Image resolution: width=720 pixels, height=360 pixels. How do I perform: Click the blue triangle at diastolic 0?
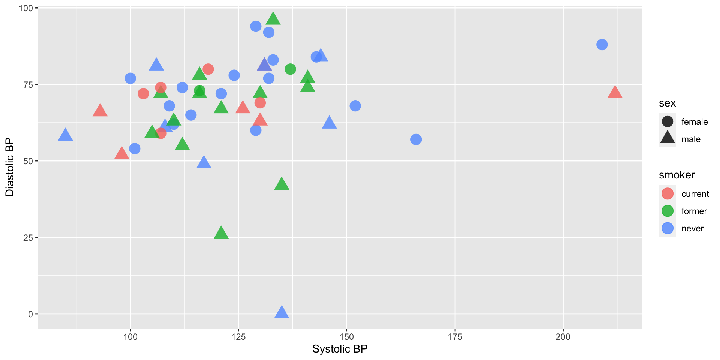click(x=282, y=312)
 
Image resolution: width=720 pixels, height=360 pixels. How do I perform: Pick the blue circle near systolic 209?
click(x=601, y=45)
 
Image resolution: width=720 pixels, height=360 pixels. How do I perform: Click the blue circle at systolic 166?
click(x=415, y=139)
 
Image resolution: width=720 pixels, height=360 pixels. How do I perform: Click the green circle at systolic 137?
click(x=290, y=69)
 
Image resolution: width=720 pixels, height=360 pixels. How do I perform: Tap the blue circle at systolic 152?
click(x=355, y=106)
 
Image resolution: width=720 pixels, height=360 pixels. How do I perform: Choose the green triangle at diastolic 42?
click(x=282, y=184)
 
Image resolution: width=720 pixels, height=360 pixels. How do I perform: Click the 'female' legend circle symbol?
click(x=667, y=122)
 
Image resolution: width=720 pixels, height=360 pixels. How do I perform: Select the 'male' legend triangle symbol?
click(x=667, y=138)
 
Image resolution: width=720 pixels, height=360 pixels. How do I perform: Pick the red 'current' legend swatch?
click(x=667, y=194)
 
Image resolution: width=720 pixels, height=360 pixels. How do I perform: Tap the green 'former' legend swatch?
click(x=667, y=211)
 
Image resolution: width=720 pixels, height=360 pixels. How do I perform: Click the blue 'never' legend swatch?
click(x=667, y=228)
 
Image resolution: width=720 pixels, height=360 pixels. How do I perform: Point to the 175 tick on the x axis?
click(x=454, y=337)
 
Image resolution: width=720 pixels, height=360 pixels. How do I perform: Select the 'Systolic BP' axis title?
click(x=340, y=349)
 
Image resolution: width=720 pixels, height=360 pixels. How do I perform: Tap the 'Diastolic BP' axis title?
click(x=10, y=167)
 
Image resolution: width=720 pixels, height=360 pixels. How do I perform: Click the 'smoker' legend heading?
click(x=676, y=175)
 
